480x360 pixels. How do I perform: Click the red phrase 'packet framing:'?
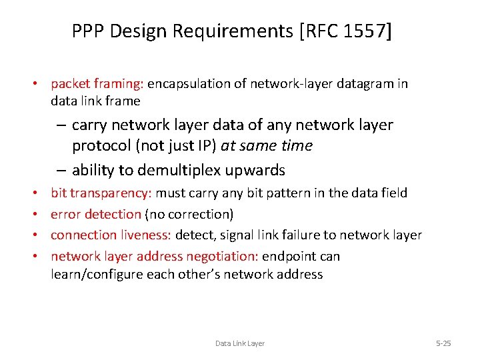click(x=97, y=84)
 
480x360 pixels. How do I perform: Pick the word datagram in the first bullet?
click(x=363, y=84)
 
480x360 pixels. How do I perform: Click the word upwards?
click(x=254, y=170)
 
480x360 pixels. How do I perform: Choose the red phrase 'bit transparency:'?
click(x=101, y=193)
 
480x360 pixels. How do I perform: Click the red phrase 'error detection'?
click(x=96, y=214)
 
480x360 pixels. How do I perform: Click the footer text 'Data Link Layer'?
click(x=240, y=343)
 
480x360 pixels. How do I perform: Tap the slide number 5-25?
click(x=443, y=343)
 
